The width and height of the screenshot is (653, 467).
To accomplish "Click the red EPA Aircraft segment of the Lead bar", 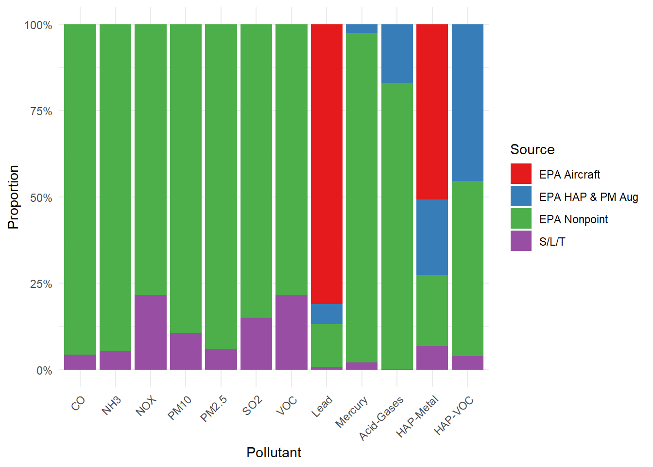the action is (x=327, y=164).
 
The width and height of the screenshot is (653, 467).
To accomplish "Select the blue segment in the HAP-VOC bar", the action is (x=467, y=103).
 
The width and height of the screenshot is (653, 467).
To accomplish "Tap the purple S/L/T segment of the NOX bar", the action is (x=151, y=332).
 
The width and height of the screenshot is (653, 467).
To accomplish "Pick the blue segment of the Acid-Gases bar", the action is (x=397, y=54).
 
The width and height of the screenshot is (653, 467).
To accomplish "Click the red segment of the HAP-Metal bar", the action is (x=432, y=112).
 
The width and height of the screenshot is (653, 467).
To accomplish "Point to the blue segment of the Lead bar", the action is (x=327, y=314).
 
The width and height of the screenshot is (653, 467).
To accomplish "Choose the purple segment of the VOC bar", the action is (x=292, y=332).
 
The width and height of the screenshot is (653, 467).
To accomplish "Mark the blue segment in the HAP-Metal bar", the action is (x=432, y=237).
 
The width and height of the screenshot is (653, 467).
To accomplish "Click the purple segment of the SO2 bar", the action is (x=256, y=343).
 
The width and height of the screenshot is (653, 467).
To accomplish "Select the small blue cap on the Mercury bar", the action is (x=362, y=29).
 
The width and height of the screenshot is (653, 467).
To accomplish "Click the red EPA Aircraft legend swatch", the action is (x=521, y=174).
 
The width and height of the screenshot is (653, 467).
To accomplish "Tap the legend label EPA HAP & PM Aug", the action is (x=588, y=197).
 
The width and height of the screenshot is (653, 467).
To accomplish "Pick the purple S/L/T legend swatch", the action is (x=521, y=241).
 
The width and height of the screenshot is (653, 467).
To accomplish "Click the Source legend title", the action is (x=533, y=149).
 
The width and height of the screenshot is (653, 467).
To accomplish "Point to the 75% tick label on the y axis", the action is (x=41, y=111).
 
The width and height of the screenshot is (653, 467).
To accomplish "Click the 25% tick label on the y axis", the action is (x=41, y=284).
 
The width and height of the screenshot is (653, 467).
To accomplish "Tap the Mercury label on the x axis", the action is (x=351, y=412).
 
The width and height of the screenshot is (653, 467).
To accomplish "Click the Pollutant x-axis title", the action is (x=274, y=453).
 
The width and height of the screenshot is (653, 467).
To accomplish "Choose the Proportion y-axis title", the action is (x=13, y=198).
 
